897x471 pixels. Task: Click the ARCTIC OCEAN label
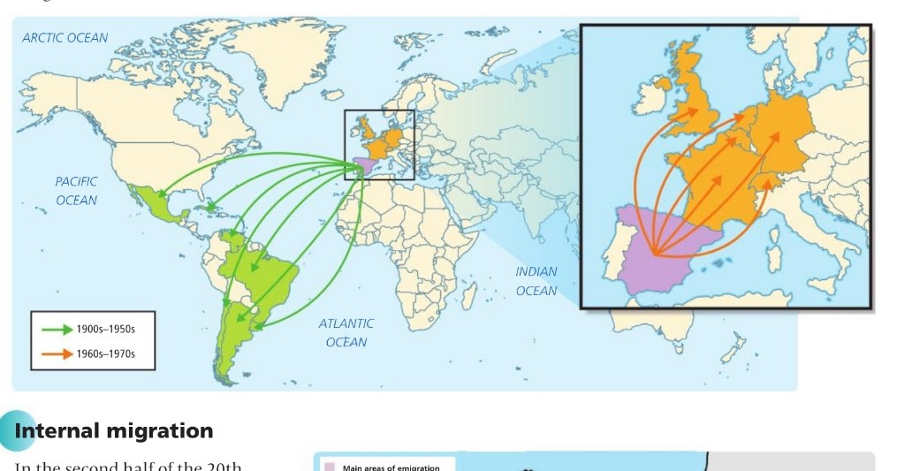[65, 38]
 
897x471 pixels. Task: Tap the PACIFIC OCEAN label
[76, 191]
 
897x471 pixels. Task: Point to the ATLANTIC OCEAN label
[346, 333]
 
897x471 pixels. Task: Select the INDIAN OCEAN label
[536, 281]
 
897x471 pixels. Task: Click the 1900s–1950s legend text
[105, 330]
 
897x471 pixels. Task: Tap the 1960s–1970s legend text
[105, 356]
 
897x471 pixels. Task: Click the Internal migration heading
[113, 431]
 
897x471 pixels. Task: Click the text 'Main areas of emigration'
[391, 467]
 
